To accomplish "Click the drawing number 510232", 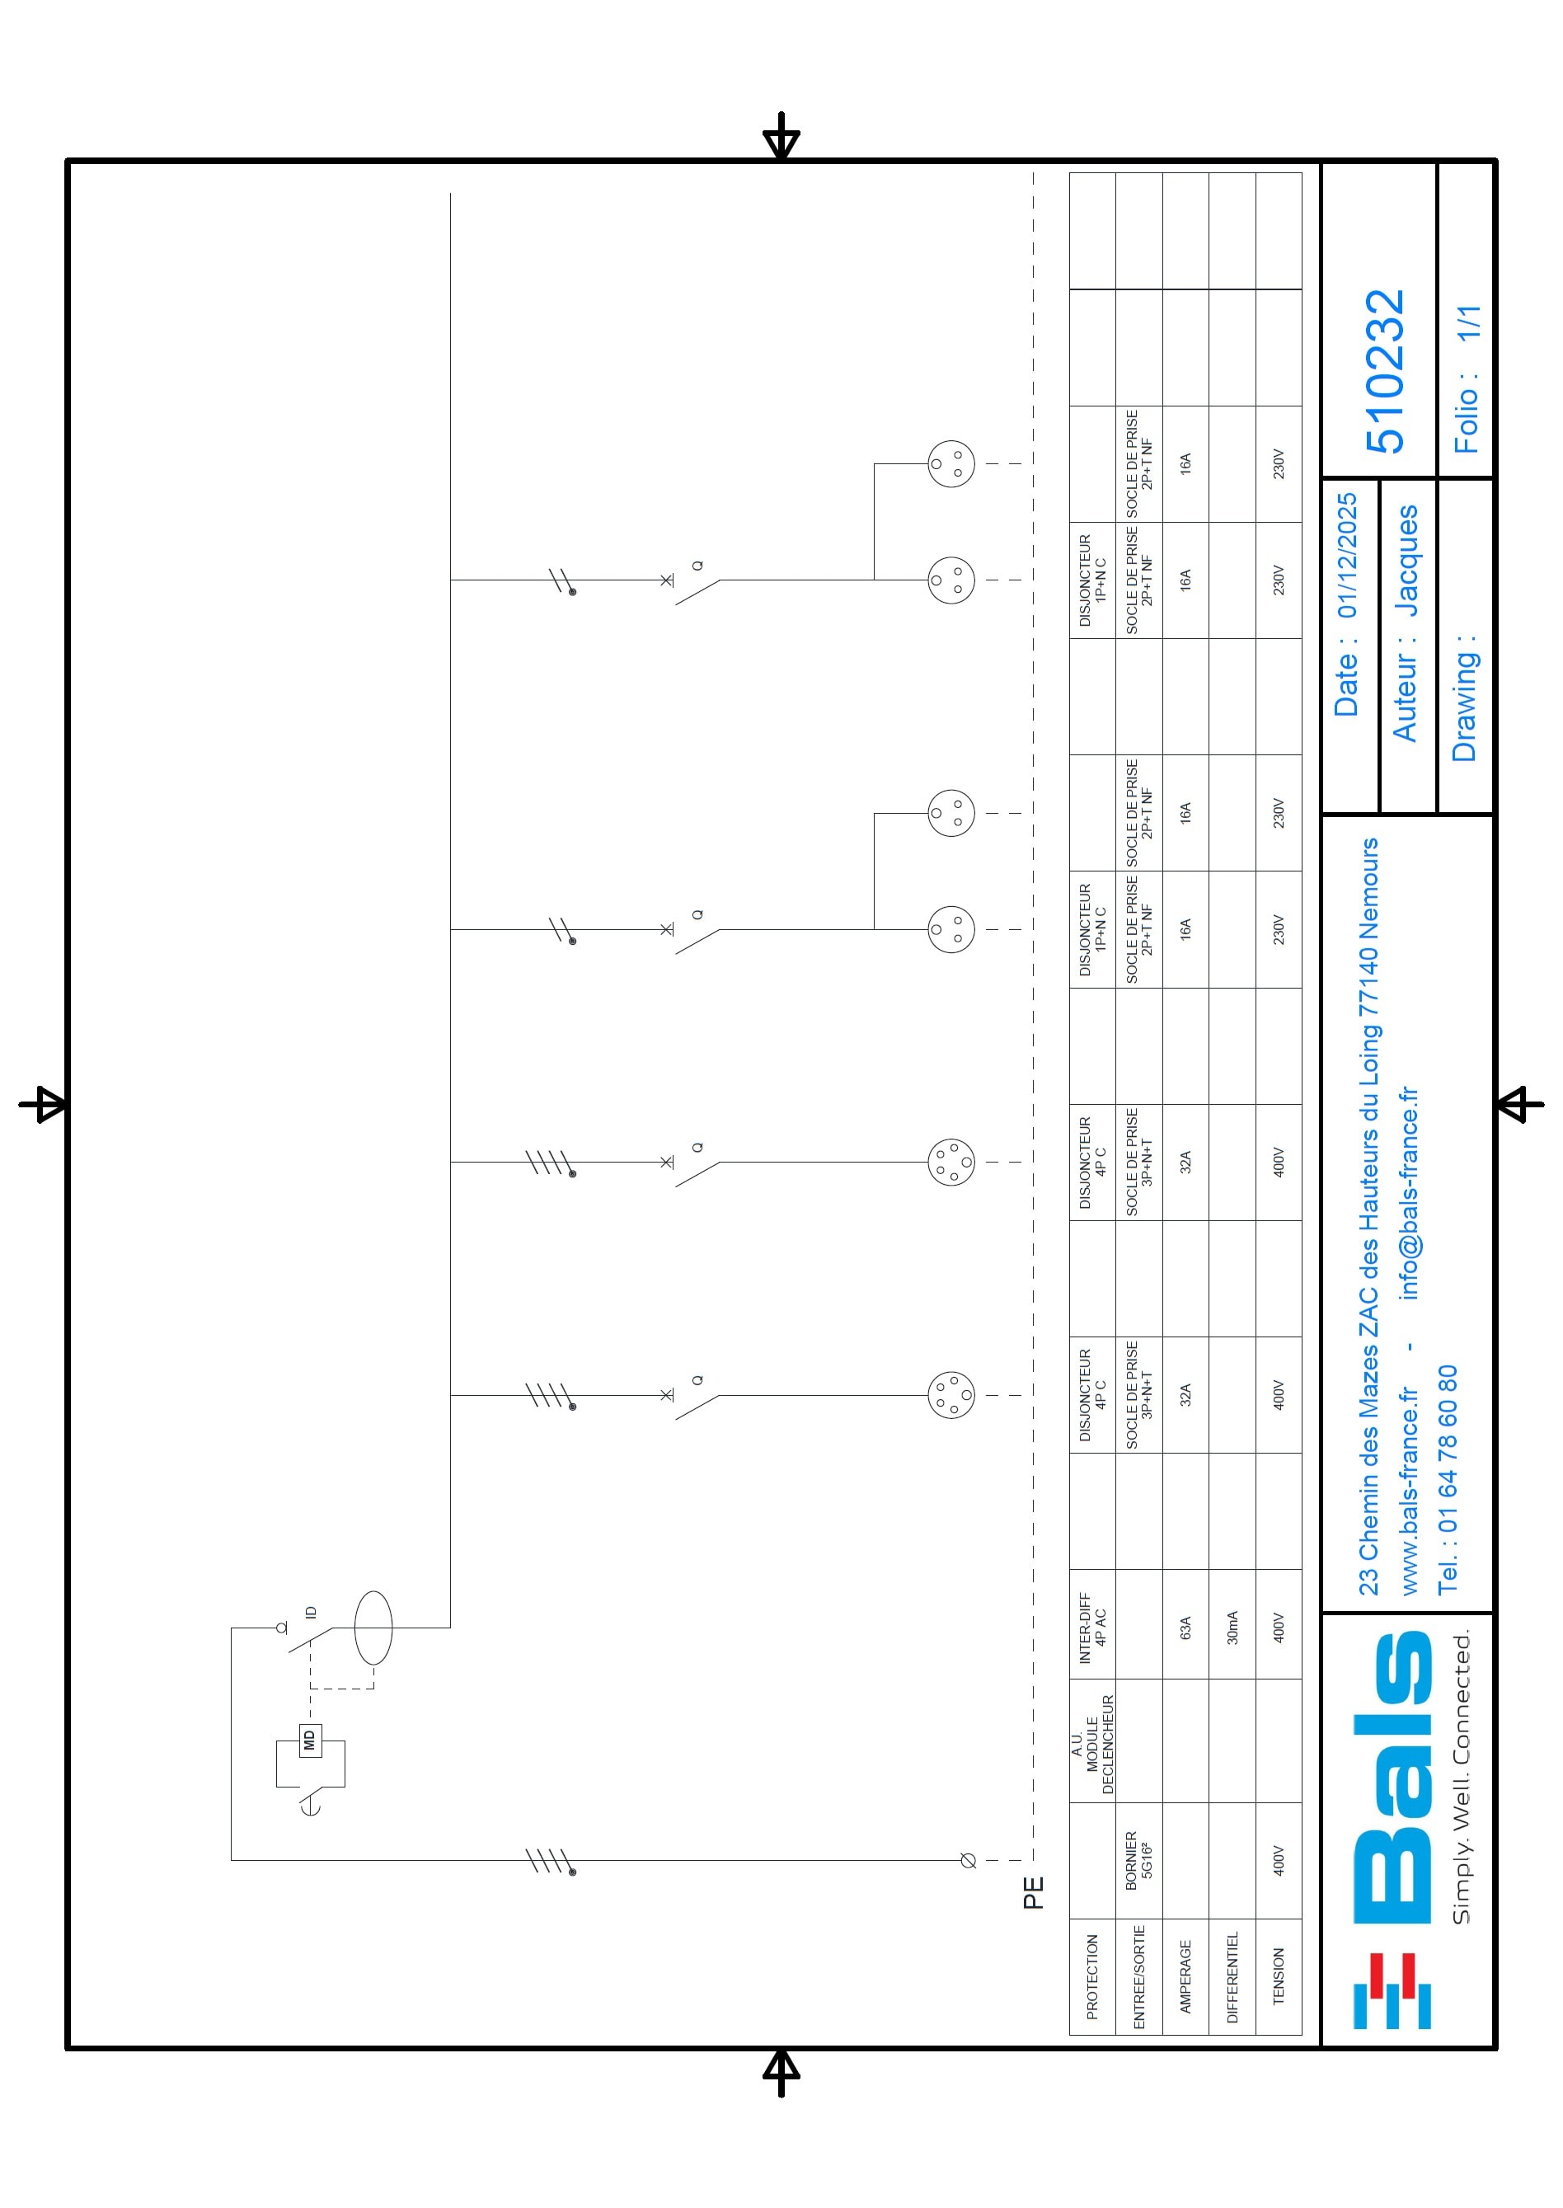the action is [x=1386, y=372].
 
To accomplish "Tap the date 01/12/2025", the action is [x=1346, y=556].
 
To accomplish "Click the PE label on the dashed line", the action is [x=1033, y=1892].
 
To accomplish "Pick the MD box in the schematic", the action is [x=310, y=1741].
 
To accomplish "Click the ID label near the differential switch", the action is [x=310, y=1611].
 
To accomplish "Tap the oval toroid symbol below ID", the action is [x=373, y=1628].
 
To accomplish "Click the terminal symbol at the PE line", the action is [x=968, y=1861].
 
